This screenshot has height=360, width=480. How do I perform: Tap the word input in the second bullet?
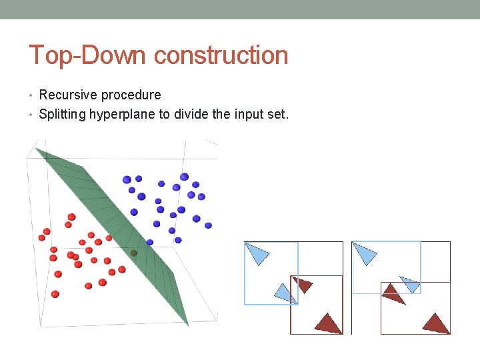click(x=250, y=114)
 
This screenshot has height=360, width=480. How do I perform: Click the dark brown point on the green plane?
click(x=133, y=253)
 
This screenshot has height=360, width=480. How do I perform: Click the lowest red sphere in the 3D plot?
click(x=55, y=294)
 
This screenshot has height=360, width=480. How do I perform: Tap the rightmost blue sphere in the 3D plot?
click(x=209, y=226)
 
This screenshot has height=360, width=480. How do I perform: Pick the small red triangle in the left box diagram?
click(x=303, y=285)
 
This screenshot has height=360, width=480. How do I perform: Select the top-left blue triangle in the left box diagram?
click(x=258, y=253)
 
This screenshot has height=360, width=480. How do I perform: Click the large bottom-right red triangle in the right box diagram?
click(x=436, y=323)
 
